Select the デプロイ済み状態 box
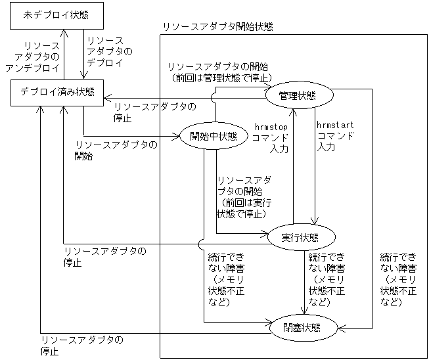pos(57,91)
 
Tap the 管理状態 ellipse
pos(297,95)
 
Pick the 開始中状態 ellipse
pos(213,136)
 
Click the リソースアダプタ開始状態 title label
pos(217,27)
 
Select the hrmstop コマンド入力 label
pos(271,136)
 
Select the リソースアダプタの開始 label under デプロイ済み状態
pos(116,150)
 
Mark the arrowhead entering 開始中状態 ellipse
pos(177,136)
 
